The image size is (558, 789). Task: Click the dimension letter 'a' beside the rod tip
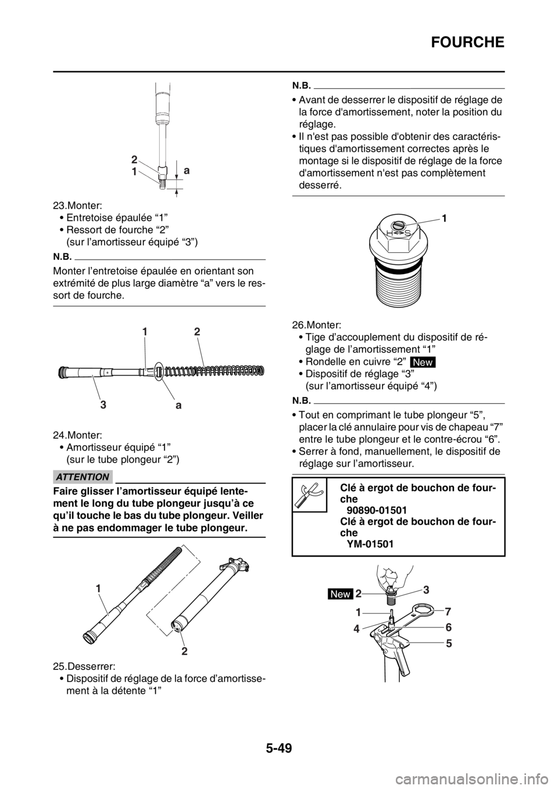pyautogui.click(x=187, y=173)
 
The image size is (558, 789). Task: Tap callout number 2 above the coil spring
pyautogui.click(x=197, y=332)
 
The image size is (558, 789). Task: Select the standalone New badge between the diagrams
pyautogui.click(x=423, y=362)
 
